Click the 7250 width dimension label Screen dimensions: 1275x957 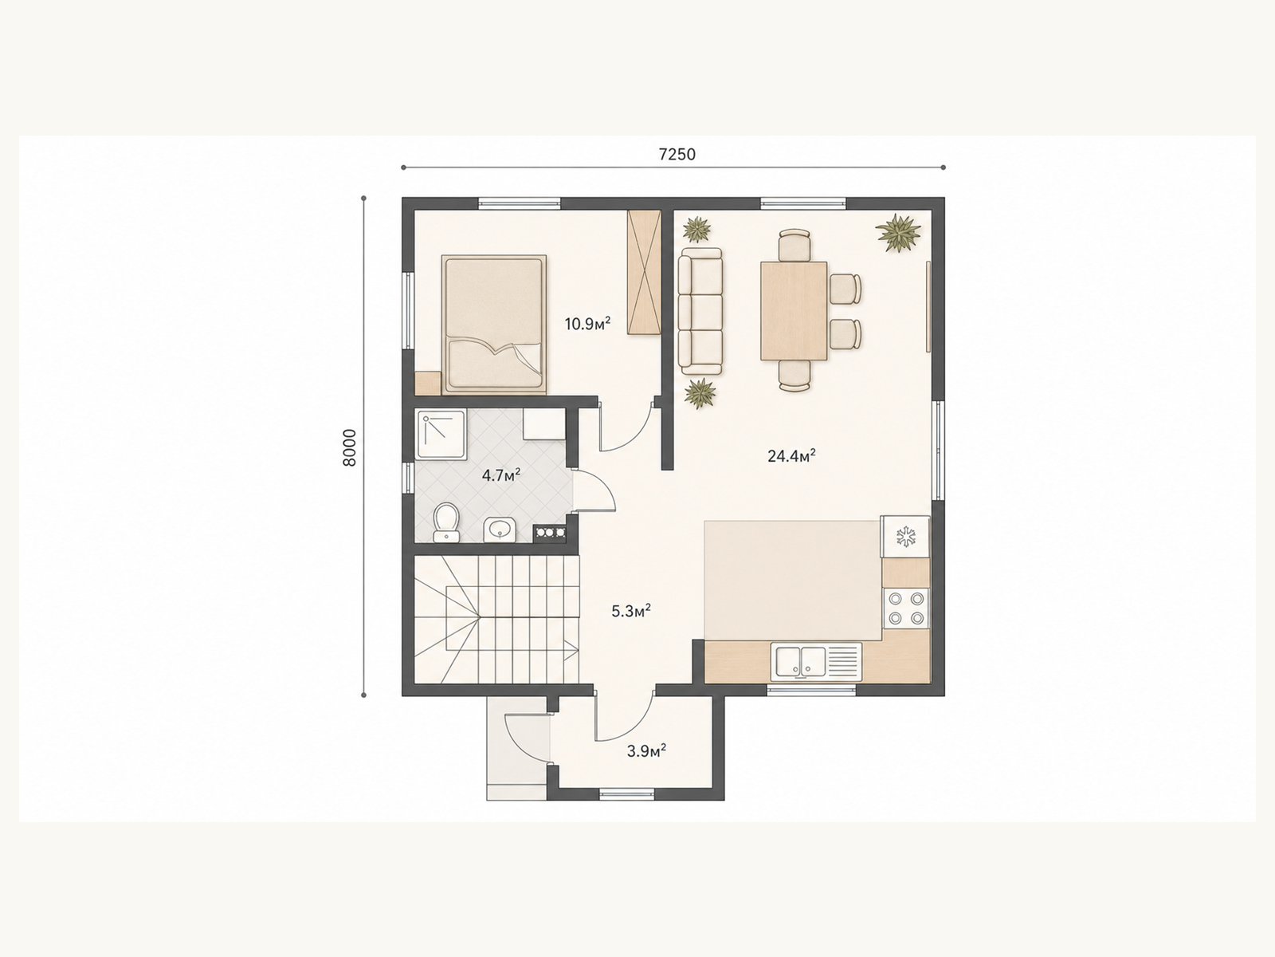point(677,154)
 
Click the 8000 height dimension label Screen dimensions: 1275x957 point(349,447)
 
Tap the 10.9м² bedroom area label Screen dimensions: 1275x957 point(588,323)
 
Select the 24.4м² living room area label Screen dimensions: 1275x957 point(792,455)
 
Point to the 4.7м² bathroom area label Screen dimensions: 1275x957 point(500,475)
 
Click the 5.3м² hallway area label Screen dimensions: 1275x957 point(631,611)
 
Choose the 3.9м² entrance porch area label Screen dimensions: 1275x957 point(646,750)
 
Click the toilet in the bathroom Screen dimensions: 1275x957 point(446,522)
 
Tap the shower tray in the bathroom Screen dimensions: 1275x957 point(441,434)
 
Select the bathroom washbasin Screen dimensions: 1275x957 point(499,530)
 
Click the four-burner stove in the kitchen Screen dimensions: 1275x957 point(906,608)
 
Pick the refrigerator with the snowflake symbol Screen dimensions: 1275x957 point(905,536)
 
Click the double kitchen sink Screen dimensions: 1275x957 point(816,661)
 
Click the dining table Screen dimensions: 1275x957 point(794,311)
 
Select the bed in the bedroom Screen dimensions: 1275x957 point(494,325)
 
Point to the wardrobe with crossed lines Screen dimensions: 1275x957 point(644,272)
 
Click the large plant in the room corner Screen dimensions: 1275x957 point(899,232)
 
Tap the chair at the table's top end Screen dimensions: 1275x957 point(794,245)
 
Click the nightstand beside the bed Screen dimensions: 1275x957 point(428,384)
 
